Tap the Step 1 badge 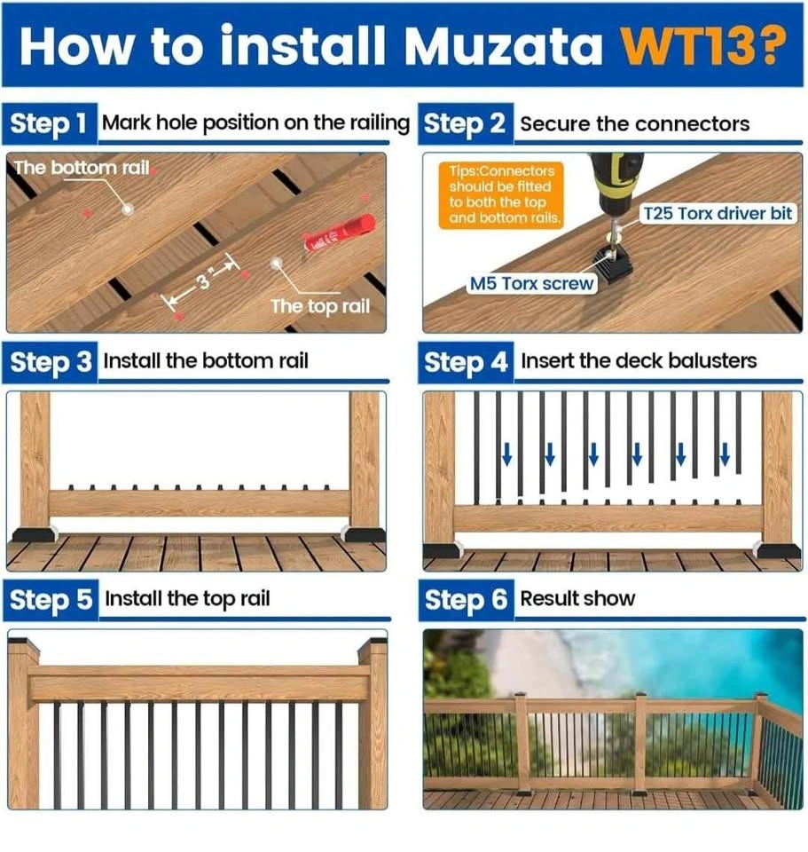coord(50,123)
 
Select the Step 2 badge coord(466,123)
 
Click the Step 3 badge coord(51,362)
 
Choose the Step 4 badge coord(466,362)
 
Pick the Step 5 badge coord(51,600)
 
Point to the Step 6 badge coord(466,600)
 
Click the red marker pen coord(340,233)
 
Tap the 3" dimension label coord(204,280)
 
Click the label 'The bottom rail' coord(82,168)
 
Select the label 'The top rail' coord(320,306)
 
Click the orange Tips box coord(501,194)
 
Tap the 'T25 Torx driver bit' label coord(718,214)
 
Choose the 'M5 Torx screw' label coord(531,284)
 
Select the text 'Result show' coord(577,599)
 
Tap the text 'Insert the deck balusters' coord(639,361)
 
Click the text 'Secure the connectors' coord(635,124)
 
